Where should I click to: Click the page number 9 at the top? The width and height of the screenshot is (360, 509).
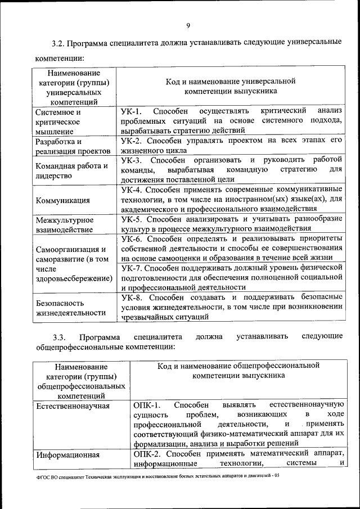[188, 24]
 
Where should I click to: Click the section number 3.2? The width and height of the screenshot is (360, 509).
[59, 43]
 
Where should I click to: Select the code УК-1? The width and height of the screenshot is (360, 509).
[133, 111]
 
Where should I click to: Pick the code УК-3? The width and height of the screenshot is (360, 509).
[133, 160]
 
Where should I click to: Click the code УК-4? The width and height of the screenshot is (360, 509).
[133, 189]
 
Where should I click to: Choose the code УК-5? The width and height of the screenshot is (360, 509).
[133, 218]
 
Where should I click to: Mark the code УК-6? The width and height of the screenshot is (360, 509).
[133, 238]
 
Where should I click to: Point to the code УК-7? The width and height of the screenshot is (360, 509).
[133, 267]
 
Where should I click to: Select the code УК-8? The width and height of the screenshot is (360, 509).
[133, 296]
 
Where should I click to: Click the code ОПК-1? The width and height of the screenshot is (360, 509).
[148, 404]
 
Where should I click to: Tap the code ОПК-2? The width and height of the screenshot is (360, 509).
[148, 454]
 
